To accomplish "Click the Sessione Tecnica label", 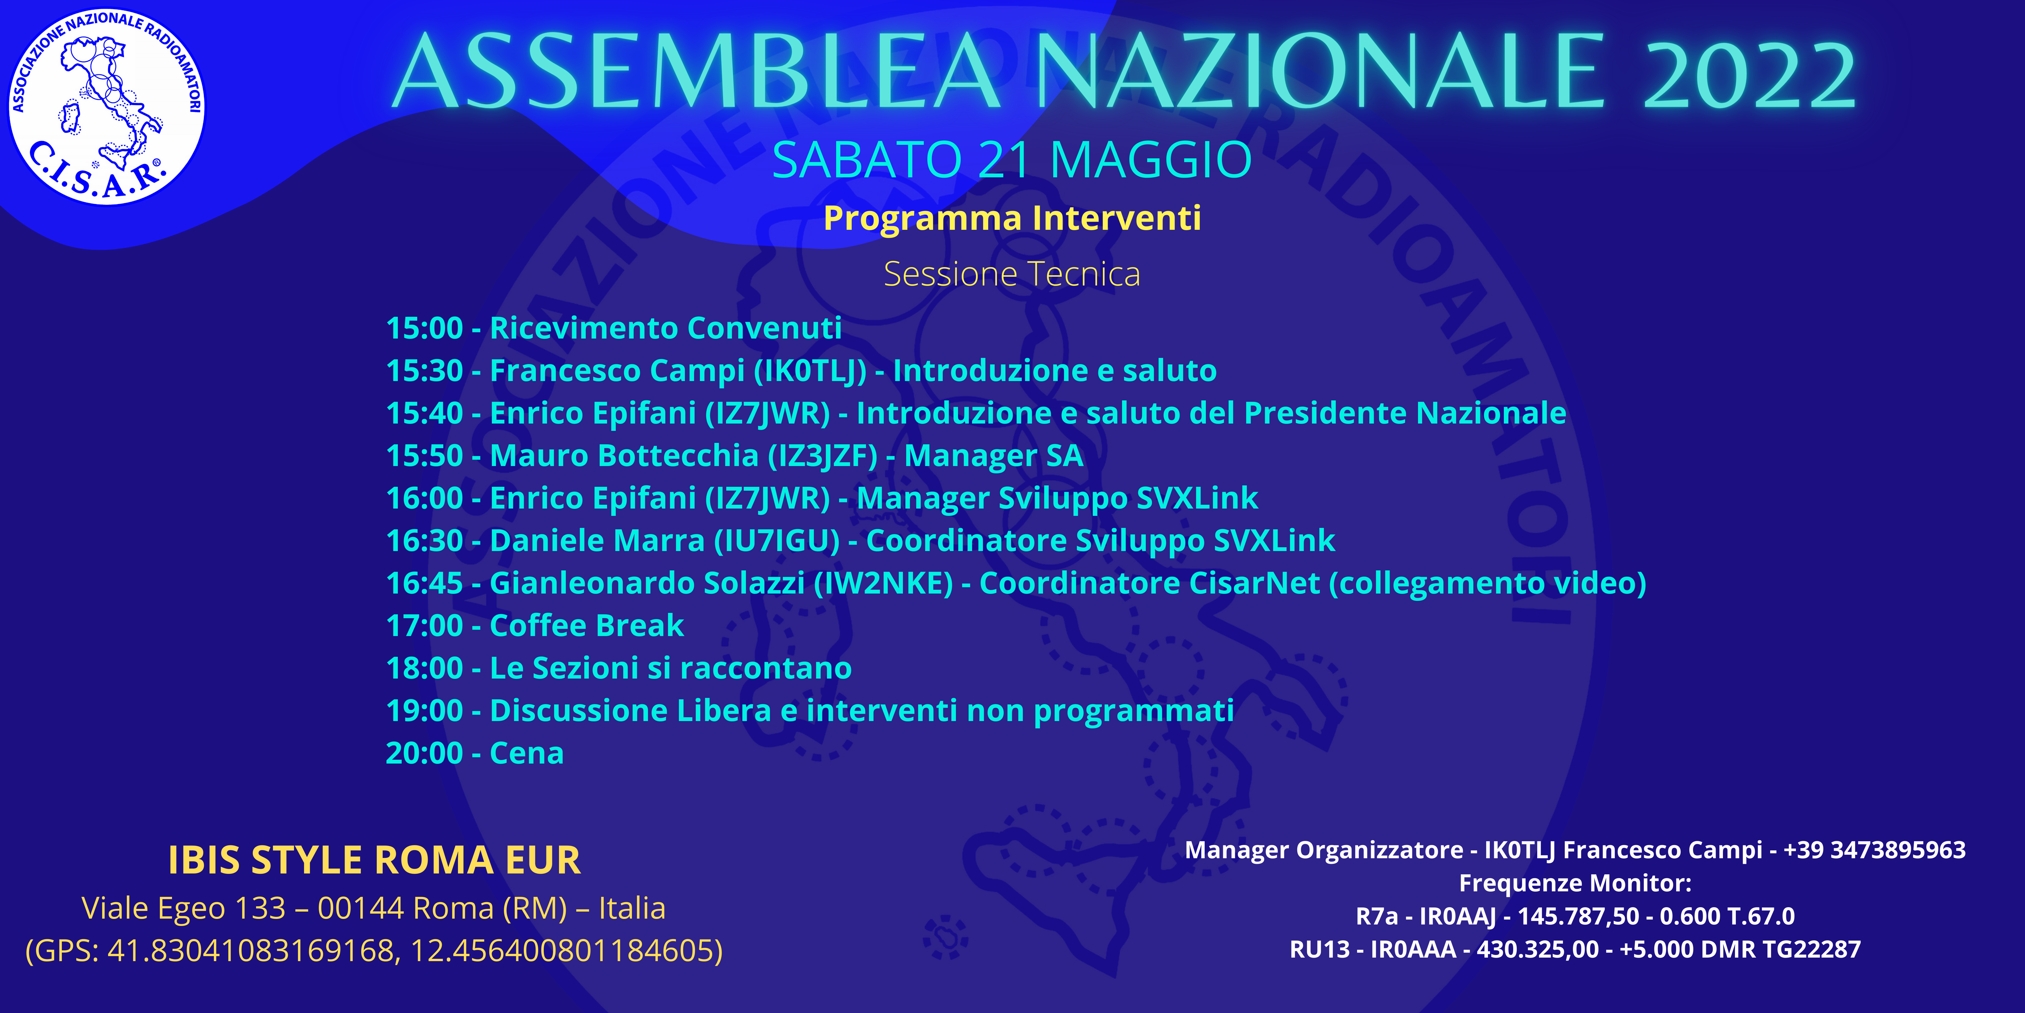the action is tap(1012, 274).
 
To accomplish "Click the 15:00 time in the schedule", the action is tap(425, 328).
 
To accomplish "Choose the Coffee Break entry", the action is tap(587, 625).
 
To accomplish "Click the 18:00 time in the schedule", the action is tap(425, 668).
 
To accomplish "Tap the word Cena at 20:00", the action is tap(527, 753).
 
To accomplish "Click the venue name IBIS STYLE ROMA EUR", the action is tap(374, 860).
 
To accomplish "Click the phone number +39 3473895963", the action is tap(1874, 850).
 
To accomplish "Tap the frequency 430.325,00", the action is tap(1537, 949).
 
